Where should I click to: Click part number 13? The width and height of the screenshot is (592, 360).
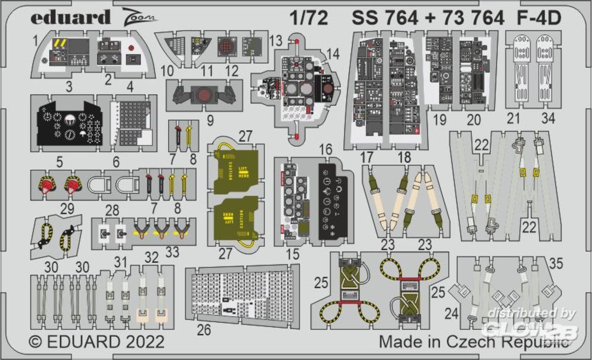(x=275, y=40)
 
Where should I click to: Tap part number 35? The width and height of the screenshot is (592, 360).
(x=557, y=264)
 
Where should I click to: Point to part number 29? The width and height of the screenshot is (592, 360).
(x=66, y=208)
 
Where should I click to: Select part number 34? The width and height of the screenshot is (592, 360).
(x=548, y=118)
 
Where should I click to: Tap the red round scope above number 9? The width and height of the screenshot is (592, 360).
(x=203, y=94)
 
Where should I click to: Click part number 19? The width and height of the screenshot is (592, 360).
(x=440, y=119)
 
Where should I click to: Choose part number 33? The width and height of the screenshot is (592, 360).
(x=172, y=250)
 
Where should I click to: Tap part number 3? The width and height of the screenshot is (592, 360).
(x=69, y=87)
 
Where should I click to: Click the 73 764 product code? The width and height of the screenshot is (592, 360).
(x=464, y=18)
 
